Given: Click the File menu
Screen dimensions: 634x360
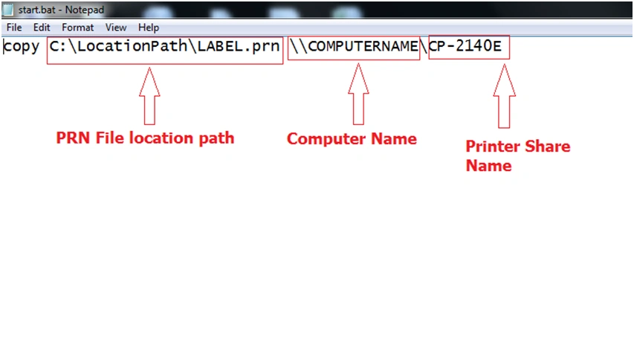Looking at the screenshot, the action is click(14, 28).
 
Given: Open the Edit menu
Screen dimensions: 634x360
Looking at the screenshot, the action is click(42, 28).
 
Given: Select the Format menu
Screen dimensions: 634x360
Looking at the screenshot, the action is click(77, 28).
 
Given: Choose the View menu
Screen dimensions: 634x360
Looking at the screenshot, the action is click(116, 28).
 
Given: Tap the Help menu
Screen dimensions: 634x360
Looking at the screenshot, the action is click(149, 28).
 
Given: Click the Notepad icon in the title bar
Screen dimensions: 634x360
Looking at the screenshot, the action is click(7, 10).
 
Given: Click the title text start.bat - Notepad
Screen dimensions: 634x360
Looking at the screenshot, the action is click(61, 10).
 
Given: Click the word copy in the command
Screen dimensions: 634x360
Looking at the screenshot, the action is click(22, 47).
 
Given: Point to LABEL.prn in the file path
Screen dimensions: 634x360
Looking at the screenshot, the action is click(239, 47).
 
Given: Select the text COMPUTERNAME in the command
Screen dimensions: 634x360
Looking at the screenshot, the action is click(363, 46).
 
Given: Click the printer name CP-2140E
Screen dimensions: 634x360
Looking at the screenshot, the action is click(465, 45).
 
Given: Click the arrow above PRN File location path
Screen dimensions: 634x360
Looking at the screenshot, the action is click(149, 96).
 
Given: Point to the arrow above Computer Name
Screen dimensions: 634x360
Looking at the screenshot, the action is click(358, 94).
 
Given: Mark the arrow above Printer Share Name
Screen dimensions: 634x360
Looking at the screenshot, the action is click(504, 96).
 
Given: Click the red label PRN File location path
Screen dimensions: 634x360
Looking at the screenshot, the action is click(145, 138).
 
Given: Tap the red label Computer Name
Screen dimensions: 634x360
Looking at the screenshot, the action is click(352, 139).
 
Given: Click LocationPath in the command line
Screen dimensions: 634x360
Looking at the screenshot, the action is click(132, 46).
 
